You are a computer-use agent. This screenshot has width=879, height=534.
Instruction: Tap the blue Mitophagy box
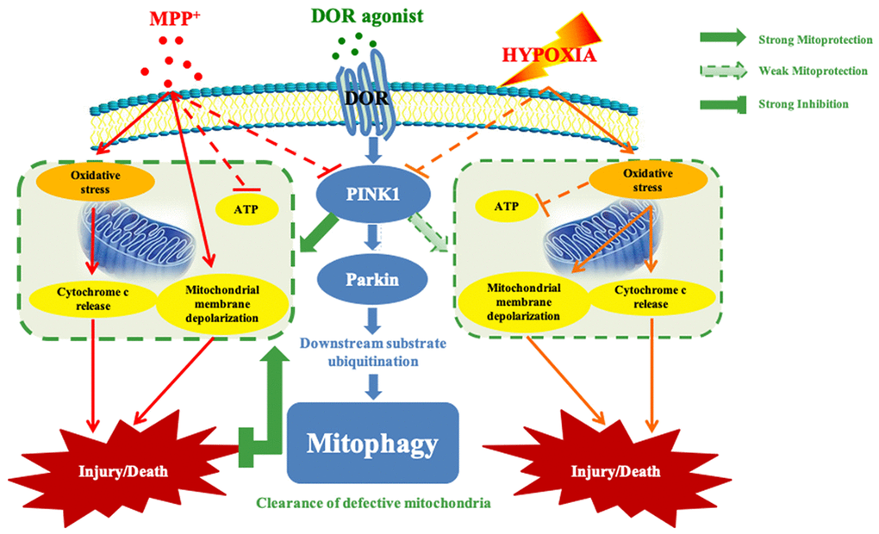(x=372, y=443)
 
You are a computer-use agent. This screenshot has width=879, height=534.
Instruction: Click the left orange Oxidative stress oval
(x=96, y=180)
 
